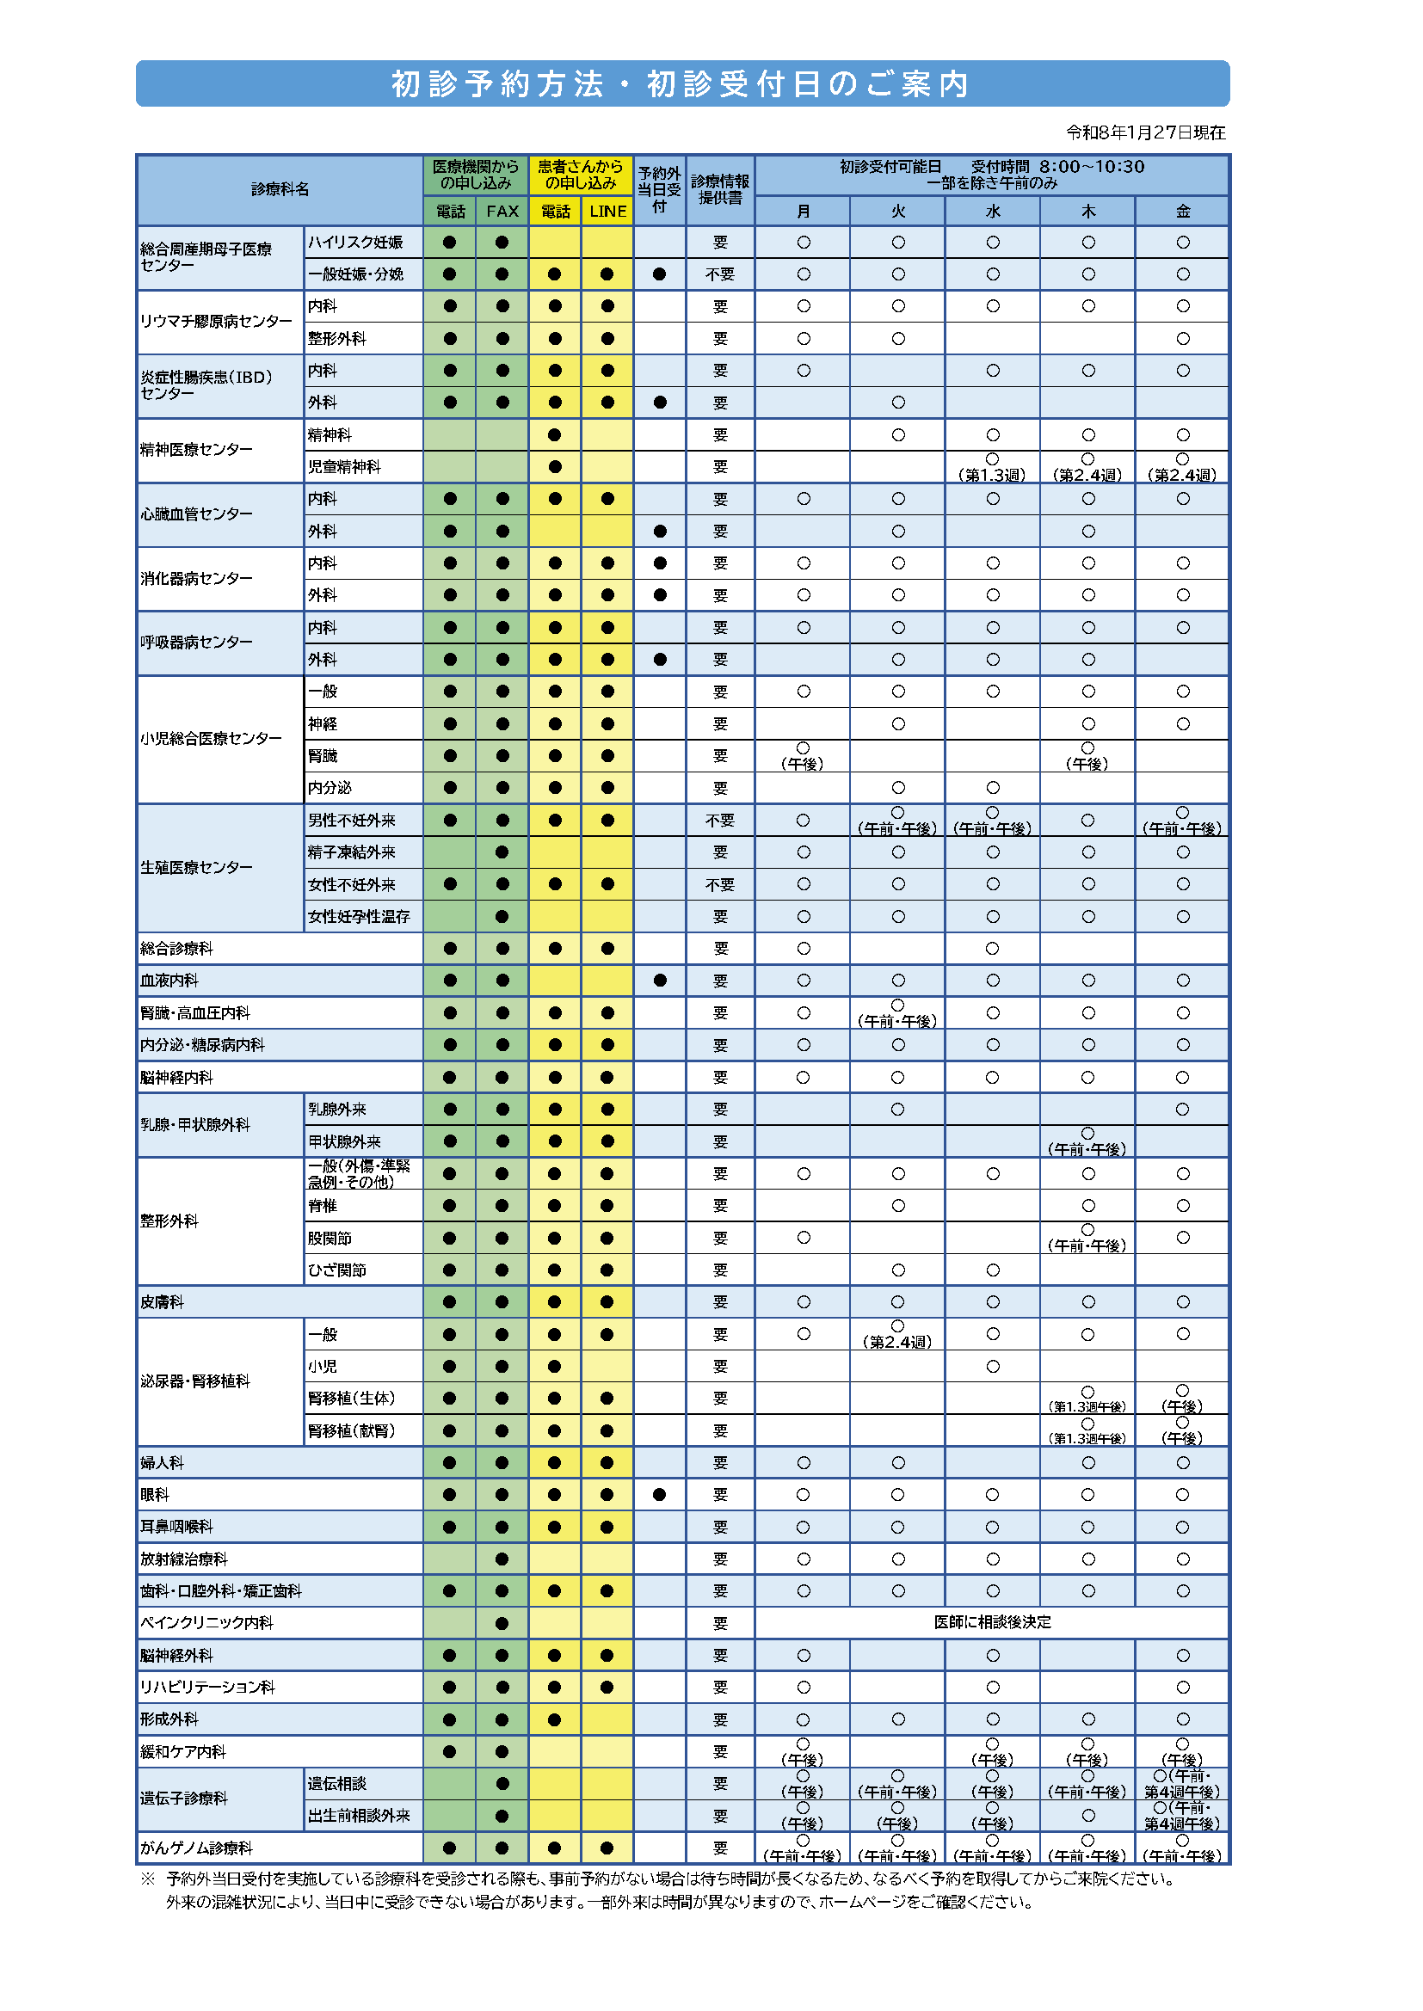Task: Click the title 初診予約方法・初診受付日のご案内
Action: tap(681, 84)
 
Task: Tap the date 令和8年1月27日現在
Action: tap(1145, 132)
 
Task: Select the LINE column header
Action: tap(607, 211)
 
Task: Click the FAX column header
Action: tap(502, 211)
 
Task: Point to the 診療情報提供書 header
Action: tap(719, 189)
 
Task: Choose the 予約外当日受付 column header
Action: tap(659, 189)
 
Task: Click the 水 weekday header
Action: tap(993, 211)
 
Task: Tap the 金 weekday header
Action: tap(1183, 211)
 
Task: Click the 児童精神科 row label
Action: tap(343, 467)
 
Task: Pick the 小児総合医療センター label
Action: tap(211, 738)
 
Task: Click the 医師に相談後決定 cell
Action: tap(992, 1622)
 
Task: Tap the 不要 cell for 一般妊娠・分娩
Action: tap(719, 274)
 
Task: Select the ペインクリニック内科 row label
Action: tap(206, 1623)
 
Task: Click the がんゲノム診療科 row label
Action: tap(196, 1848)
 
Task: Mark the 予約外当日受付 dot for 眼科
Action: tap(659, 1495)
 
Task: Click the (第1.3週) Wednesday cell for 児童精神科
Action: tap(993, 468)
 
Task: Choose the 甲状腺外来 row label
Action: tap(343, 1141)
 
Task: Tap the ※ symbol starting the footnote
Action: tap(147, 1879)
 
